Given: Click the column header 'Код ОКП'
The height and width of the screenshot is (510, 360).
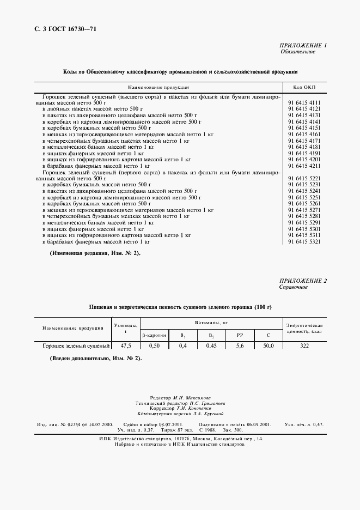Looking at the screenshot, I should tap(304, 87).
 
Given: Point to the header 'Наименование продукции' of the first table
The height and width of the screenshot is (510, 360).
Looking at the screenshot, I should tap(158, 87).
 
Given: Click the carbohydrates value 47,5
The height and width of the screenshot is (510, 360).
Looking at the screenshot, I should tap(126, 346).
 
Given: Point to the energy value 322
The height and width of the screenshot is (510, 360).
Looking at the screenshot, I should tap(304, 346).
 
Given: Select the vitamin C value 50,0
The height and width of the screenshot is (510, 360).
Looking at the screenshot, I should tap(268, 346).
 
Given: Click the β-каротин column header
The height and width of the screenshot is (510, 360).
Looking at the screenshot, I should tap(154, 336).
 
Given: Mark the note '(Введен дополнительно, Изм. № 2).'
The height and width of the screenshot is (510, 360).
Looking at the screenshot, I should tap(95, 358).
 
